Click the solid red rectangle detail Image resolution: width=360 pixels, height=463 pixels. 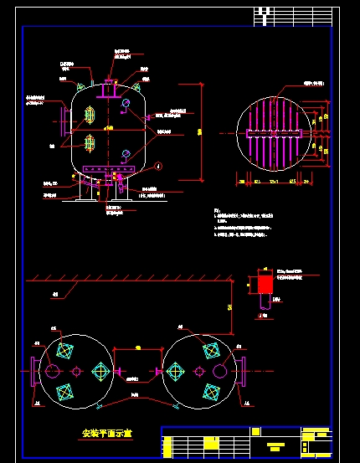coord(265,284)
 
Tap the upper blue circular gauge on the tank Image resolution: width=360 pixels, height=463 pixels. coord(126,104)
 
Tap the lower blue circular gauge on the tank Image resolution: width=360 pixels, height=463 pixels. coord(126,152)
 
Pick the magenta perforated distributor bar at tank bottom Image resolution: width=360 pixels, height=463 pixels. coord(104,175)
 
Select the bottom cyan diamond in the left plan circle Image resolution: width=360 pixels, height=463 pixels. coord(64,391)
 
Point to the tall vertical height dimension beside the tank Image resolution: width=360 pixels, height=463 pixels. coord(201,131)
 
